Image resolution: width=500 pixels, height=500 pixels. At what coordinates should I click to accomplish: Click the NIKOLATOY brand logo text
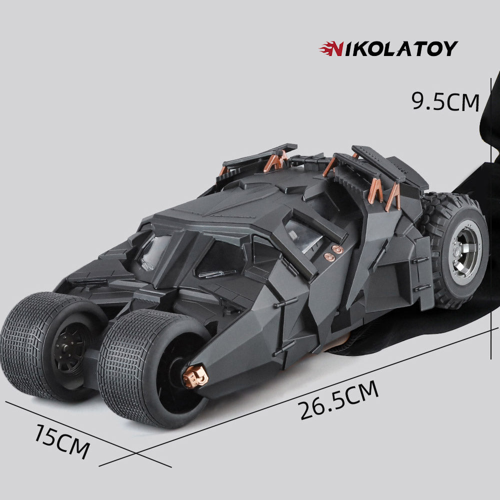pos(388,49)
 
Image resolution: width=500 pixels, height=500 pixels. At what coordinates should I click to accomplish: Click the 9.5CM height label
pos(445,101)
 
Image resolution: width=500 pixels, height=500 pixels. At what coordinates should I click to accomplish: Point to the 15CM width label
pos(62,441)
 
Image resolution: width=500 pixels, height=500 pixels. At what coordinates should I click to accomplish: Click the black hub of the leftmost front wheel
pos(69,348)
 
